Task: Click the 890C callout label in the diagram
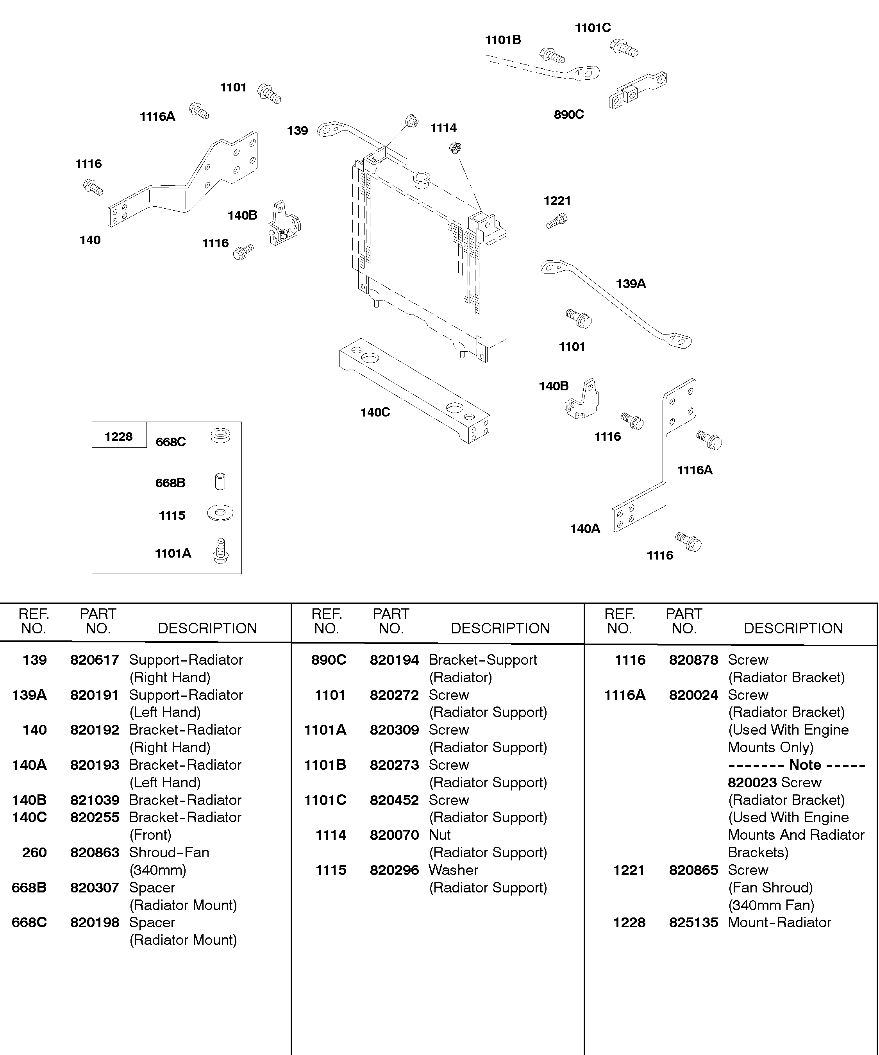coord(568,114)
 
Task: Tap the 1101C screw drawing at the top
coord(624,48)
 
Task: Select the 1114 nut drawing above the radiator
coord(455,148)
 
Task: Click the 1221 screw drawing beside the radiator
coord(557,221)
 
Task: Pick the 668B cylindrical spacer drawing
coord(220,481)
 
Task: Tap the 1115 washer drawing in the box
coord(220,513)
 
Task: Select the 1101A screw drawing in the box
coord(220,551)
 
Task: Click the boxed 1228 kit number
coord(118,436)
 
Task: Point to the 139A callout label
coord(631,284)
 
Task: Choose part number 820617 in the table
coord(95,660)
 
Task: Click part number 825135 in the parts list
coord(693,923)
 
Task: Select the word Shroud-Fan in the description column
coord(169,852)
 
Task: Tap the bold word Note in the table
coord(805,765)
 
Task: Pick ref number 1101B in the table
coord(325,765)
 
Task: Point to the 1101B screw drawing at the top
coord(552,55)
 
